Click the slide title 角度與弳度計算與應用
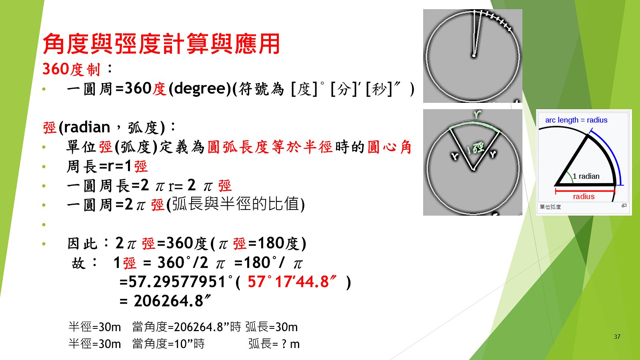(x=161, y=44)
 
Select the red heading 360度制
(x=72, y=69)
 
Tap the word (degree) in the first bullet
(x=200, y=88)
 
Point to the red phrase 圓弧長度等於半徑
(x=270, y=147)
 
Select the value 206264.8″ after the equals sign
(x=172, y=301)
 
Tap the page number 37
(x=617, y=336)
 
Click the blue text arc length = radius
(x=576, y=120)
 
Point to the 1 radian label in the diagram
(x=586, y=176)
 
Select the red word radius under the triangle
(x=584, y=196)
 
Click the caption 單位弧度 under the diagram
(x=550, y=206)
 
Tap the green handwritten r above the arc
(x=477, y=114)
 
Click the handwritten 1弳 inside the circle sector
(x=475, y=148)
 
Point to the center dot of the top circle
(x=474, y=56)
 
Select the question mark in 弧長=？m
(x=284, y=344)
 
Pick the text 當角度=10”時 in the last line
(x=168, y=344)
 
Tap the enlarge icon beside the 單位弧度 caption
(x=624, y=206)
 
